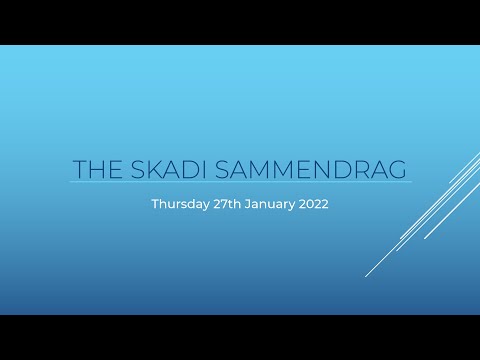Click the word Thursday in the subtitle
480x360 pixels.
[x=177, y=203]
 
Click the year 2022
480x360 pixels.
[x=311, y=203]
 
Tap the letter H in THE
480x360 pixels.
[x=97, y=169]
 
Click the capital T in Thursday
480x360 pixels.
[x=155, y=203]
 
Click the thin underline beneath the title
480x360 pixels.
[x=240, y=183]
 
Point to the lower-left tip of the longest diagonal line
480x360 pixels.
[x=367, y=275]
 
